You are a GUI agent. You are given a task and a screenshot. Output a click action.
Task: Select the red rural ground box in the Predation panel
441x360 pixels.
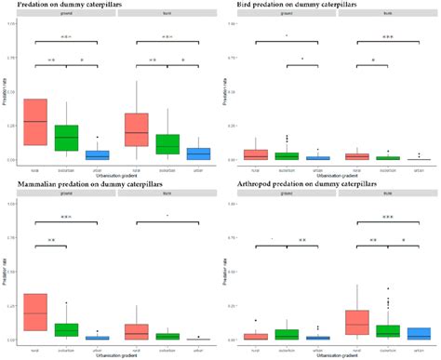[35, 122]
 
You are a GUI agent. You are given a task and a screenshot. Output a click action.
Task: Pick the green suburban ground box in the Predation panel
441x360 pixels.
[66, 138]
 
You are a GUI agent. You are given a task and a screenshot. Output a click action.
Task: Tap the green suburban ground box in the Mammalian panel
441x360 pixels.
[66, 329]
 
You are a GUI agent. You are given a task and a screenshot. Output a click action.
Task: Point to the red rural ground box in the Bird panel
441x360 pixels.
[255, 154]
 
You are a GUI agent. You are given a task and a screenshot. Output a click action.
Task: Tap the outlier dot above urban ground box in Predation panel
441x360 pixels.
[97, 138]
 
